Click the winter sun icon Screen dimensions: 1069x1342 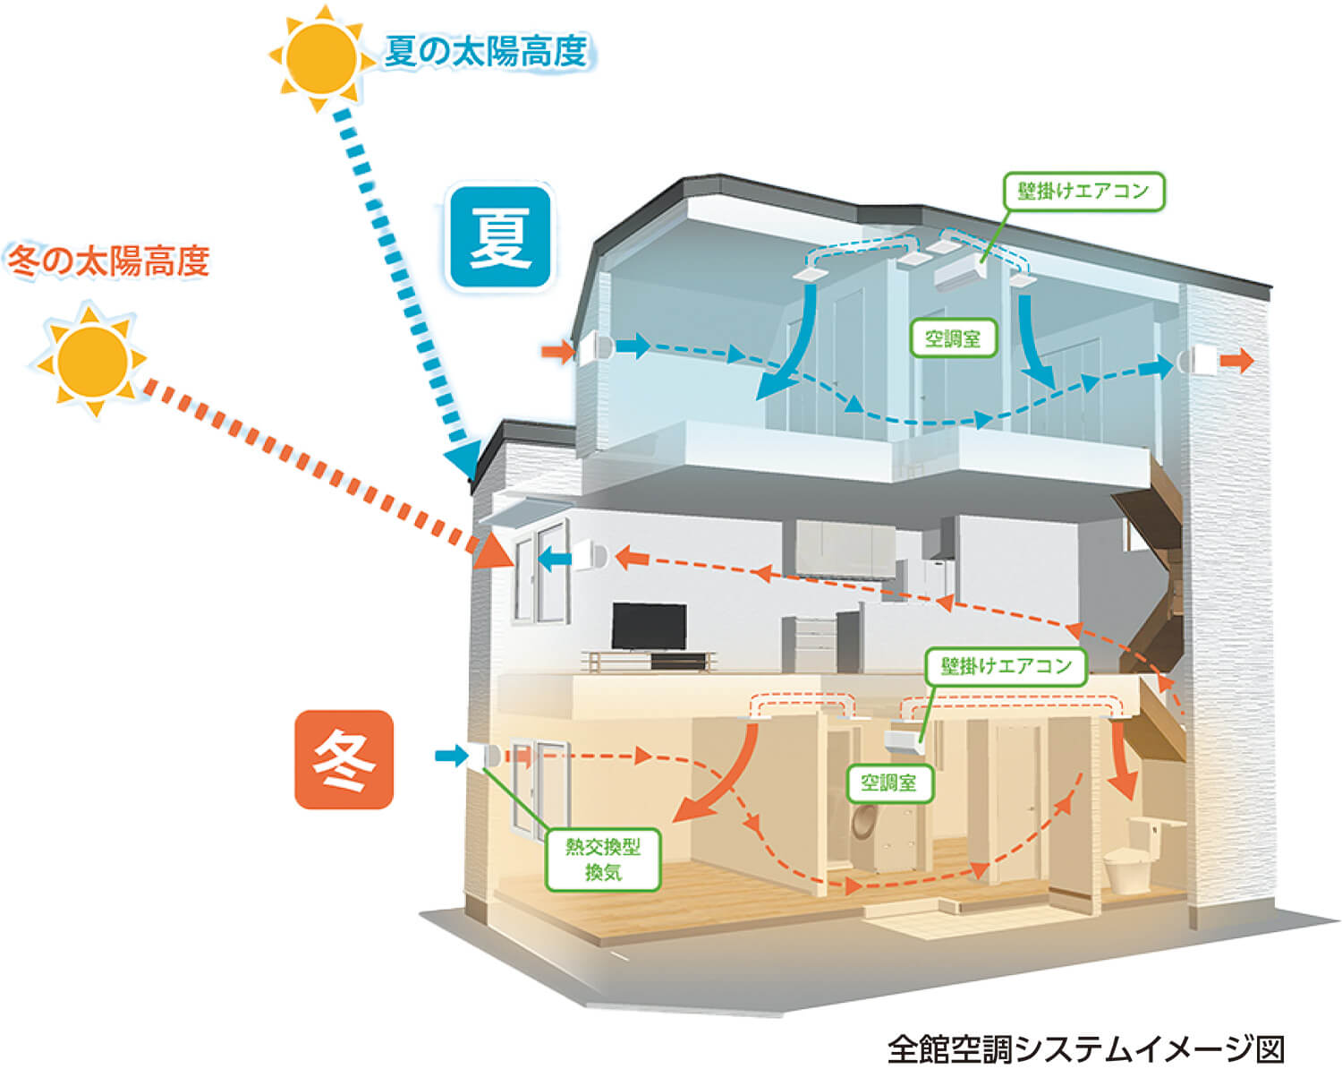coord(89,360)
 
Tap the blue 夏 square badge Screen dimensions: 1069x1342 coord(500,237)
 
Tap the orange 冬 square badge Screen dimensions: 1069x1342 coord(344,759)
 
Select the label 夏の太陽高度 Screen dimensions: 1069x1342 coord(487,51)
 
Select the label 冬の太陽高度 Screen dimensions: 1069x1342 coord(108,261)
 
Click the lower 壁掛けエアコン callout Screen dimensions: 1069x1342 coord(1006,666)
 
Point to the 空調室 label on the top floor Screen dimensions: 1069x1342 coord(953,338)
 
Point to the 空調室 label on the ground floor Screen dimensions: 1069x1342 coord(888,783)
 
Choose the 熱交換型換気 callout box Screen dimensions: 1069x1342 coord(603,859)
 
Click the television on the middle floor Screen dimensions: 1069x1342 coord(650,629)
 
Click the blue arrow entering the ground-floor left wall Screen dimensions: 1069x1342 coord(453,756)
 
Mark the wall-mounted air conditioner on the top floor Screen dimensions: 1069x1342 coord(959,273)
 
